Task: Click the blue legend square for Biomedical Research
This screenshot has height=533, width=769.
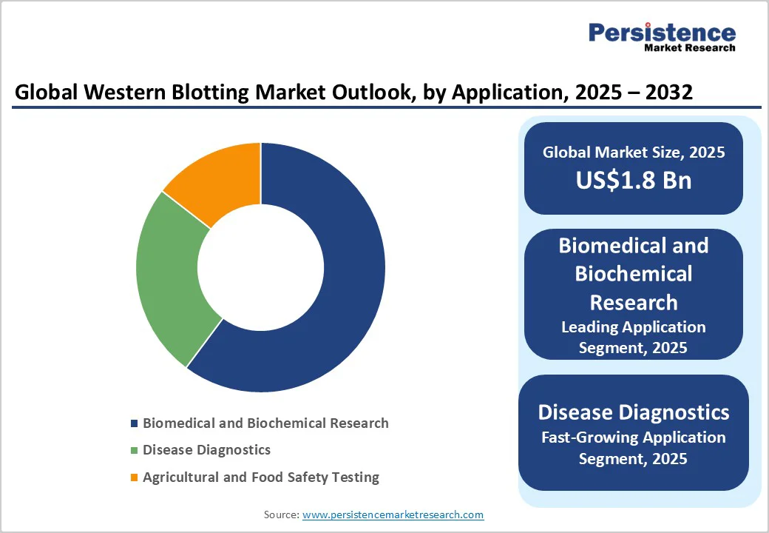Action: click(x=135, y=423)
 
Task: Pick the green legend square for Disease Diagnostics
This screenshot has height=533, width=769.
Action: click(x=135, y=450)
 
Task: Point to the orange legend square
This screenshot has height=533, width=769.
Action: click(x=135, y=477)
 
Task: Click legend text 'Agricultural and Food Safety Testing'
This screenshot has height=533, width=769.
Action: click(x=261, y=477)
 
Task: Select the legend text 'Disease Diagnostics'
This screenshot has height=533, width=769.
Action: click(x=206, y=450)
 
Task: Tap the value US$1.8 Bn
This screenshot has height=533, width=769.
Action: click(x=634, y=180)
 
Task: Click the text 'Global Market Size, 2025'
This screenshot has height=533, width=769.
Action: click(x=634, y=152)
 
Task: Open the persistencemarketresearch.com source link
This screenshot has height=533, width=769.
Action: click(x=393, y=514)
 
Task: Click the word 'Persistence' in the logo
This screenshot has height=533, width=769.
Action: click(x=662, y=33)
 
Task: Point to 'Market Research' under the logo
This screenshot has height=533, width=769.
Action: click(x=690, y=47)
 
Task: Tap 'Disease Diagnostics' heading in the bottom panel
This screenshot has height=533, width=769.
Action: click(x=634, y=413)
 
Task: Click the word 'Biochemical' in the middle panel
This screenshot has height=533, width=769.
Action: click(x=634, y=274)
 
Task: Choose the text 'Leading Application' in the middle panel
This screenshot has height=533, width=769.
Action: click(x=634, y=327)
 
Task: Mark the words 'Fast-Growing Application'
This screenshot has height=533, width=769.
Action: click(x=634, y=438)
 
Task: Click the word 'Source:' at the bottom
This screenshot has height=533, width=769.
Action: click(x=282, y=514)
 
